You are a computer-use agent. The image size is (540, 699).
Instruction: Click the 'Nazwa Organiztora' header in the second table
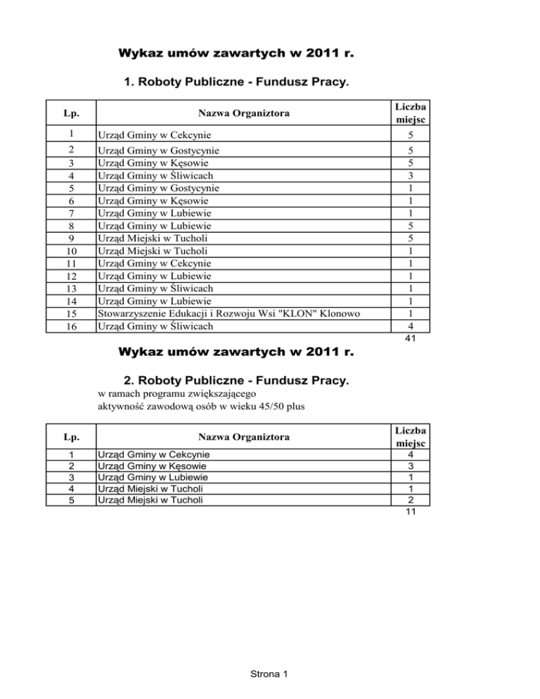pos(242,437)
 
